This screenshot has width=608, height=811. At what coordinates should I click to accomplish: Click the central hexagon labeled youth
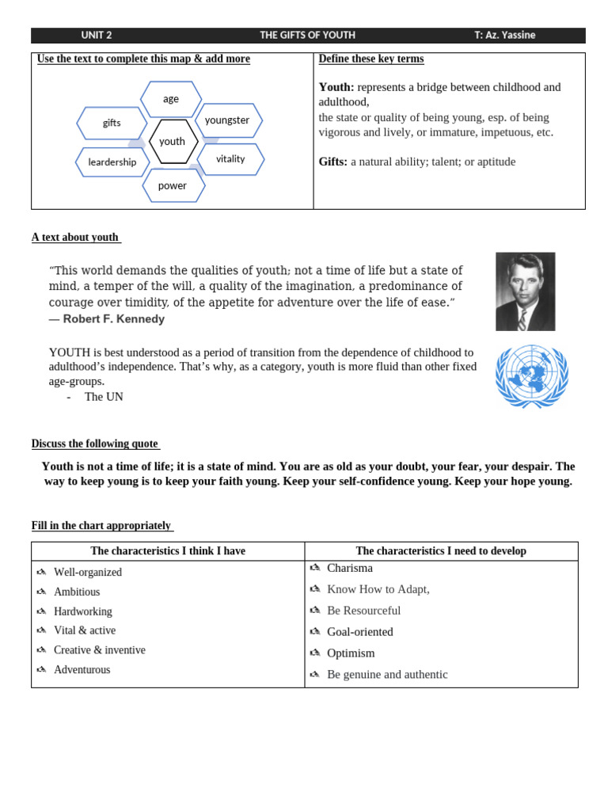(173, 142)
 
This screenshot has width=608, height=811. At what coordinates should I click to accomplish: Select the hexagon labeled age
(171, 99)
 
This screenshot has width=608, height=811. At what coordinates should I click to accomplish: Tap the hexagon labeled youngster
(228, 120)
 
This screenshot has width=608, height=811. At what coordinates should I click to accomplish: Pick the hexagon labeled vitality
(230, 159)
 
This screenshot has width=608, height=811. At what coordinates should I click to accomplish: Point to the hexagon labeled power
(173, 186)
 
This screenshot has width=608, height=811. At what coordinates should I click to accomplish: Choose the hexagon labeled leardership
(112, 162)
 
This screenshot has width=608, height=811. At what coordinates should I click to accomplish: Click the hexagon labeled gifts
(112, 123)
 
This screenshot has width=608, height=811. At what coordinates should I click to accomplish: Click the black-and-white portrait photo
(525, 291)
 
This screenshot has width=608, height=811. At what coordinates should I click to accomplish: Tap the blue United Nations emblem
(531, 375)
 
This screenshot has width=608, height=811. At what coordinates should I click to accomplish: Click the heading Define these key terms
(370, 59)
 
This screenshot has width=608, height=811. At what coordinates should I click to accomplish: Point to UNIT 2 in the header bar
(97, 36)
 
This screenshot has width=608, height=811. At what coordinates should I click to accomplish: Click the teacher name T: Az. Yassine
(504, 36)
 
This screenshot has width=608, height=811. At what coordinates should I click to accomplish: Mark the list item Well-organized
(88, 573)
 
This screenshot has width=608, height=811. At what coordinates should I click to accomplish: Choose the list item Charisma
(350, 569)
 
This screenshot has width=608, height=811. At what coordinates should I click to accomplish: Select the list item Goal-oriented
(360, 632)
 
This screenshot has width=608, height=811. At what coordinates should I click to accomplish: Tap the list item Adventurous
(82, 670)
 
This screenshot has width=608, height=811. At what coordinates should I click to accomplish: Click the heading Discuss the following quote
(95, 444)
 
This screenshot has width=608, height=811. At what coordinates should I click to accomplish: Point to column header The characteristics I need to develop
(441, 551)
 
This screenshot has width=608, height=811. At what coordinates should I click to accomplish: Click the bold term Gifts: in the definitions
(333, 162)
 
